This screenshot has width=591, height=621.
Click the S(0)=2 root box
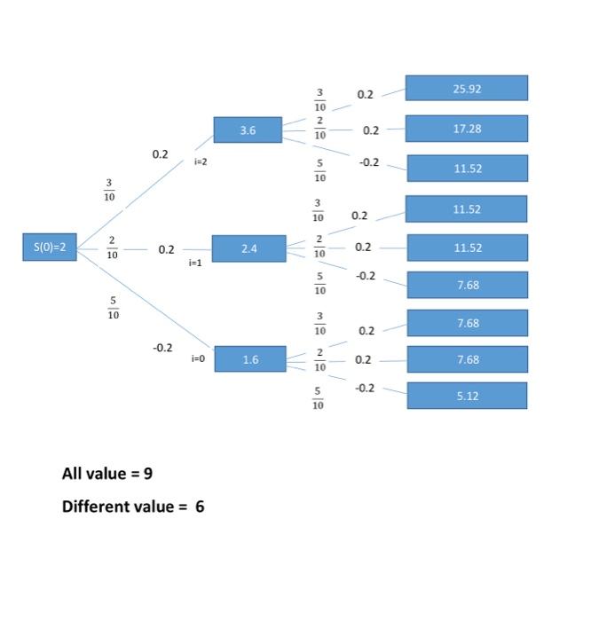tap(50, 248)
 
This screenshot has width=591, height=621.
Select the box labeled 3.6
tap(248, 130)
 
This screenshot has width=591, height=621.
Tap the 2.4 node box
tap(248, 248)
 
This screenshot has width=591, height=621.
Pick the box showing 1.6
tap(250, 359)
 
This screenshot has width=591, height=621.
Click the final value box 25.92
tap(467, 89)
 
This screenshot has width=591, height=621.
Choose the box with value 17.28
tap(467, 129)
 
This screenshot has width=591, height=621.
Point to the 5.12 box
tap(467, 396)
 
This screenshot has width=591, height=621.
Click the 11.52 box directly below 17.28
tap(467, 169)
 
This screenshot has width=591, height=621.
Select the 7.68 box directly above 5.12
tap(467, 359)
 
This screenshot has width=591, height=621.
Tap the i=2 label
tap(201, 162)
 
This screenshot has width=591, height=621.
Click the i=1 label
tap(195, 263)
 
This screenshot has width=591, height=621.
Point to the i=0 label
tap(197, 358)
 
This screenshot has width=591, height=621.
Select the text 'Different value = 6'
tap(133, 507)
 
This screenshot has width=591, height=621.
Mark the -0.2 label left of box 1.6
tap(162, 348)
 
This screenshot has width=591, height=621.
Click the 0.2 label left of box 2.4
tap(166, 250)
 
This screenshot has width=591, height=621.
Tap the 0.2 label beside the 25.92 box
tap(365, 94)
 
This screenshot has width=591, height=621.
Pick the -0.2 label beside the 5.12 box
tap(365, 389)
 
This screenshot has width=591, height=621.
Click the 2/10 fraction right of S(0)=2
tap(112, 248)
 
